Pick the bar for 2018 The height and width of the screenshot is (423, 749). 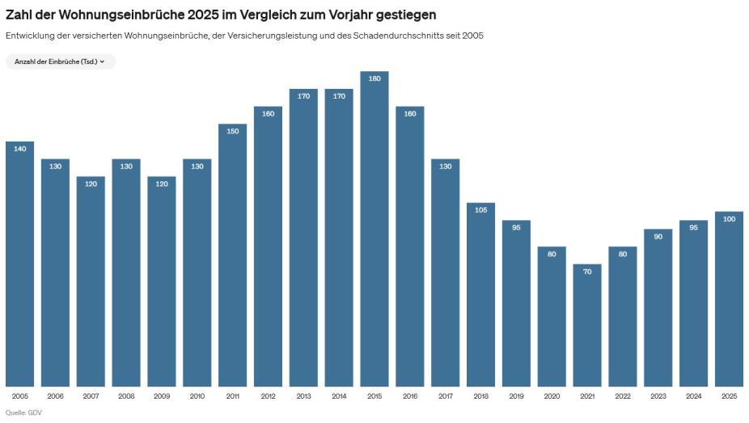[480, 294]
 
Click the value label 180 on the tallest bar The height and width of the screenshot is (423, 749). [374, 78]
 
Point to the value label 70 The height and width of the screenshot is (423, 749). [587, 272]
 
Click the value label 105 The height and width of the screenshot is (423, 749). [480, 210]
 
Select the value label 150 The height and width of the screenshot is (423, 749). [232, 131]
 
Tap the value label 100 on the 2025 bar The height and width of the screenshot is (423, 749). [729, 219]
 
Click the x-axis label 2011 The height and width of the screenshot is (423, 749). [232, 396]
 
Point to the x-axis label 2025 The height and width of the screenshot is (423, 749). [729, 396]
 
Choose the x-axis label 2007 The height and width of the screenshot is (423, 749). [91, 396]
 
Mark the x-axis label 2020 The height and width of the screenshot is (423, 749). [552, 396]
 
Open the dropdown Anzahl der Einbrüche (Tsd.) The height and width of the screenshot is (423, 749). [60, 61]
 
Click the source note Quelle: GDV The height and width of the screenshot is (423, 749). [23, 412]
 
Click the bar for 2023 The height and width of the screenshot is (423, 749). [658, 307]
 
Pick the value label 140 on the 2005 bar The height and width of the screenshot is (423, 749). [20, 149]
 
